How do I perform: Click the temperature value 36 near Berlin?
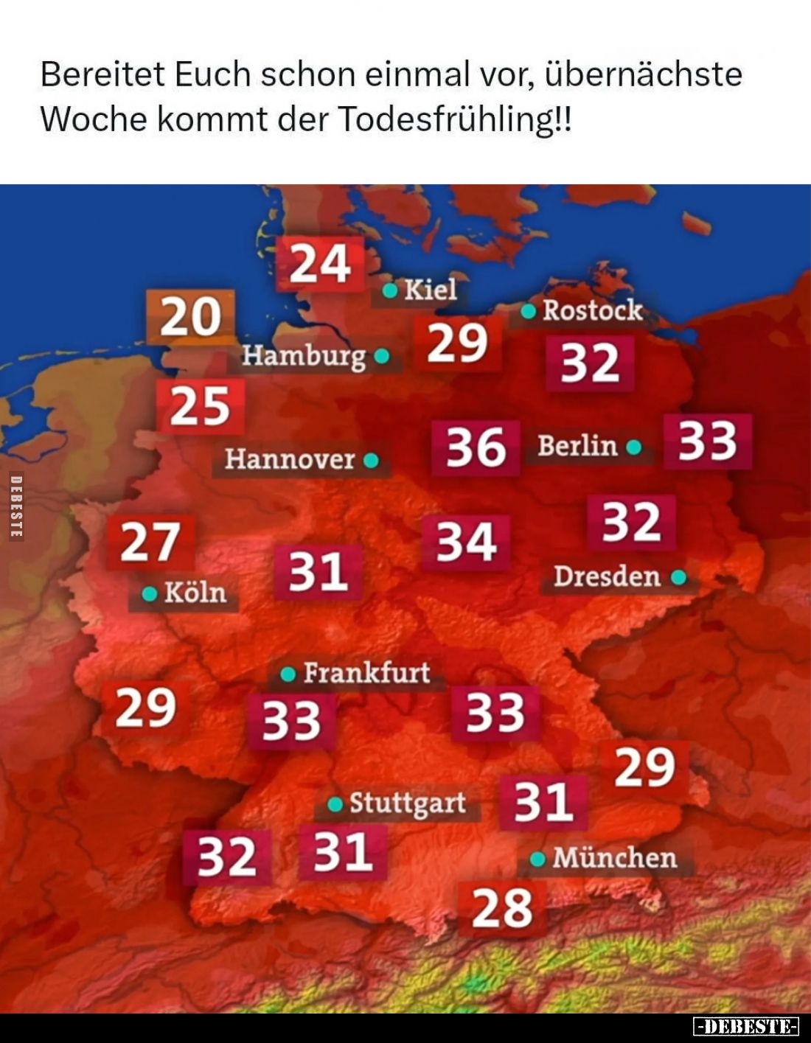(476, 447)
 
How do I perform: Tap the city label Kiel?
(430, 290)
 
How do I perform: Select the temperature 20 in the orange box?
(191, 317)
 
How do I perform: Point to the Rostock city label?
(592, 310)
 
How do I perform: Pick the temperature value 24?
(320, 264)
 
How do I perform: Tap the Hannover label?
(290, 459)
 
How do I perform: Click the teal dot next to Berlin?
(633, 447)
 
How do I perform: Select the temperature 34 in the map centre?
(466, 543)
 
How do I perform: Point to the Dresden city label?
(607, 576)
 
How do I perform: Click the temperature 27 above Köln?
(150, 543)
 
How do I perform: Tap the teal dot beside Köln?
(150, 593)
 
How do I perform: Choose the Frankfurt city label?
(366, 672)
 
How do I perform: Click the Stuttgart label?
(407, 803)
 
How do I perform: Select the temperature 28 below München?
(502, 909)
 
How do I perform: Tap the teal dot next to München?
(538, 858)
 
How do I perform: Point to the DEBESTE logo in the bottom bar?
(746, 1026)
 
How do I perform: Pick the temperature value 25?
(201, 406)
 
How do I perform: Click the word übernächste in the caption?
(643, 74)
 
